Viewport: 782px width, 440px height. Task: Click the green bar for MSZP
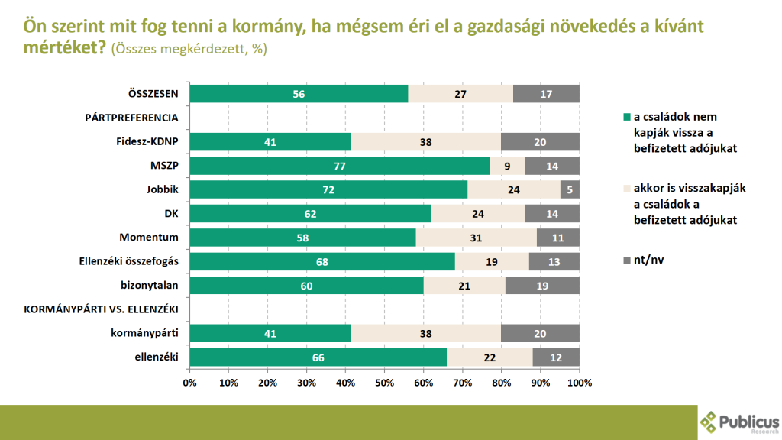[x=340, y=166]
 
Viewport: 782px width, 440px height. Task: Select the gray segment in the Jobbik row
[x=570, y=189]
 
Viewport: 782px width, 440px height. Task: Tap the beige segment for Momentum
[x=476, y=238]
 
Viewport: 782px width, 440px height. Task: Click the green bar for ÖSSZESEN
[x=299, y=94]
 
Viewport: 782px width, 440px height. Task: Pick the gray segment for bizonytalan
[x=541, y=285]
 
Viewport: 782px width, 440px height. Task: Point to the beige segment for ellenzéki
[x=490, y=357]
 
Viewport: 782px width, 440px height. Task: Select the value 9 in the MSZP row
[x=506, y=166]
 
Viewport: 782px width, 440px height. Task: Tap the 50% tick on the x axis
[x=384, y=382]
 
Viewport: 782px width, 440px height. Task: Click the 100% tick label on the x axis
[x=578, y=382]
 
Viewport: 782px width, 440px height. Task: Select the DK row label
[x=170, y=213]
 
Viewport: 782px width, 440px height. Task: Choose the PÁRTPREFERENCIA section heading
[x=131, y=118]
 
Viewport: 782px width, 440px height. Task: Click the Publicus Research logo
[x=739, y=422]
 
